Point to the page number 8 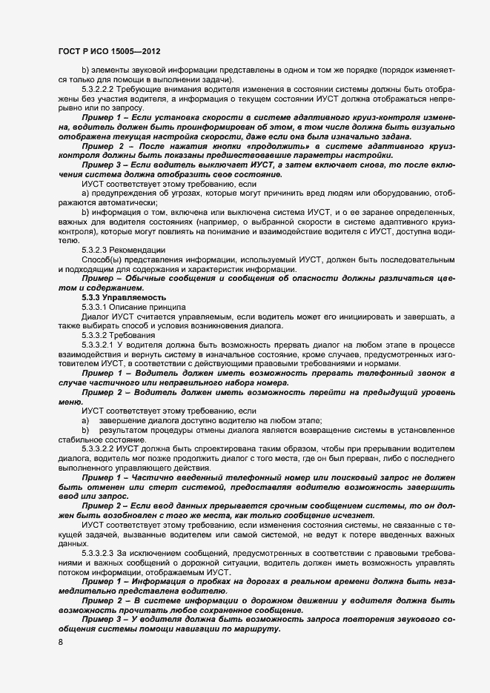[x=59, y=642]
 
